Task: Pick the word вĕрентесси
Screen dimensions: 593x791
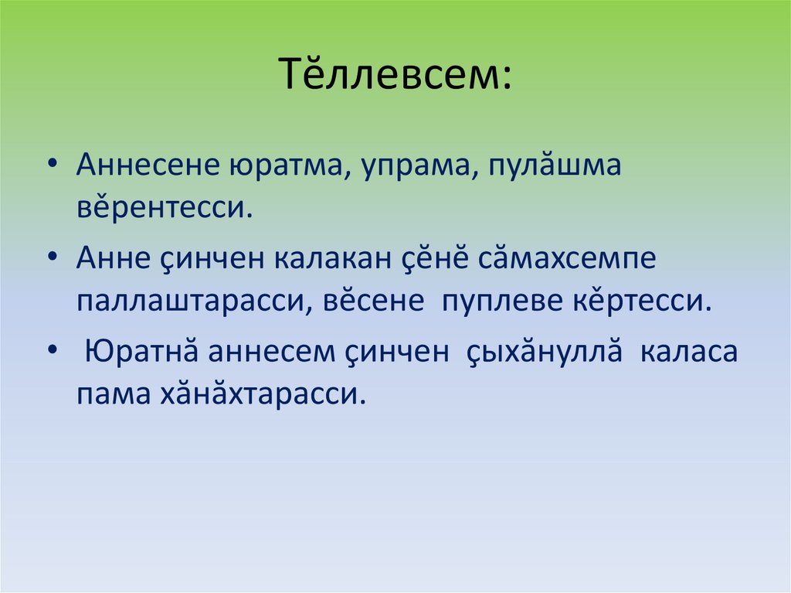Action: click(165, 208)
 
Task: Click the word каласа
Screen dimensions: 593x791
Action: click(688, 352)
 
